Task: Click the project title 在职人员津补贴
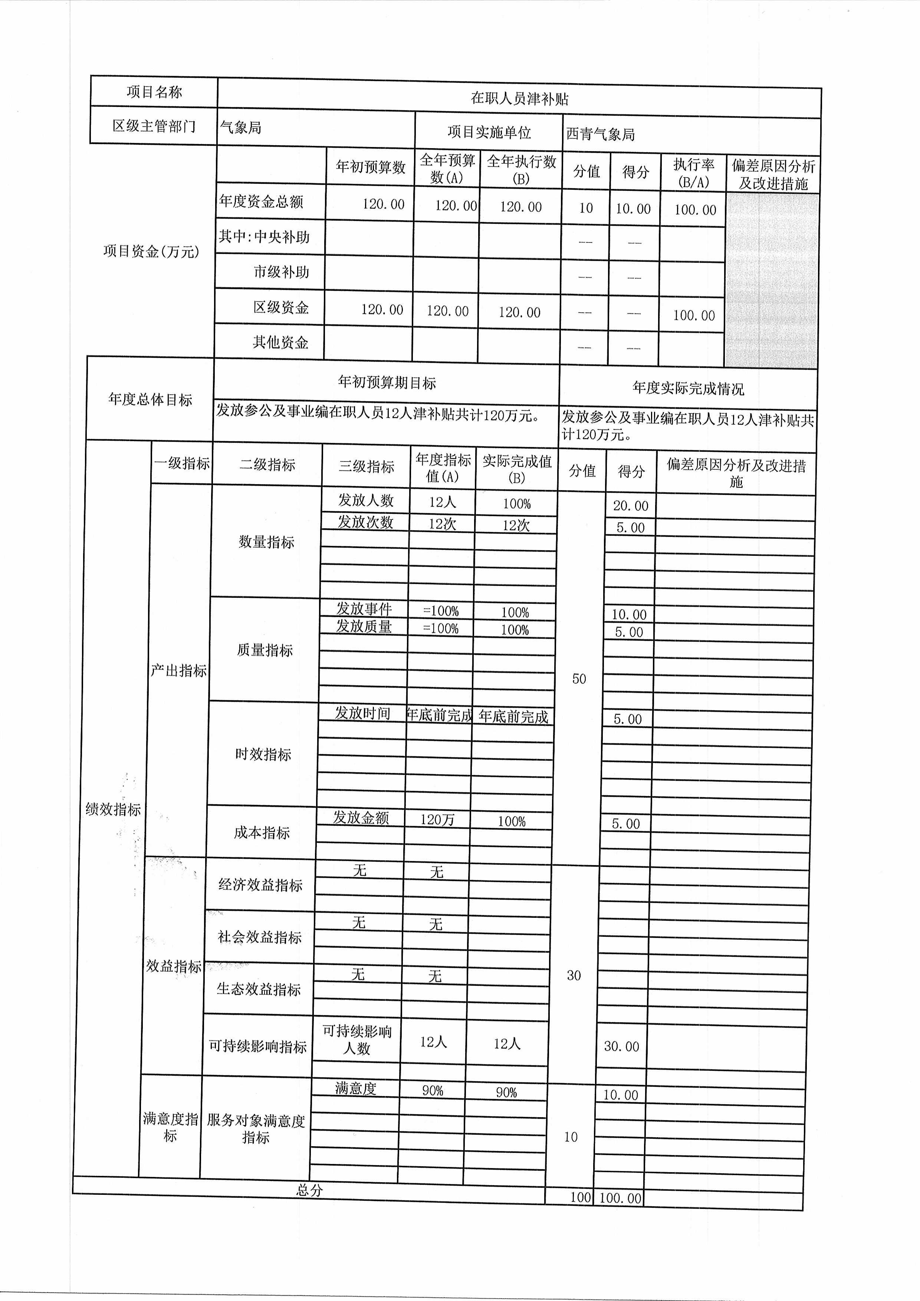519,99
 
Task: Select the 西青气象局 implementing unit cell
601,134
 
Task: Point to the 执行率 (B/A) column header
693,173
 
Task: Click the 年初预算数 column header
371,167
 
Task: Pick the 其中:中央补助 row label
264,237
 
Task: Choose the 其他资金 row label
280,342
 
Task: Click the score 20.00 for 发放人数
631,506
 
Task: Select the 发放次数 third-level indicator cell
365,522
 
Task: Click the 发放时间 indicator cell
362,713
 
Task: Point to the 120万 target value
437,819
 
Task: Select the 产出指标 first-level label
178,671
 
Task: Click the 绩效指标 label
113,809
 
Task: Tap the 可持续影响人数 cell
357,1040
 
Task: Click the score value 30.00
621,1046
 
